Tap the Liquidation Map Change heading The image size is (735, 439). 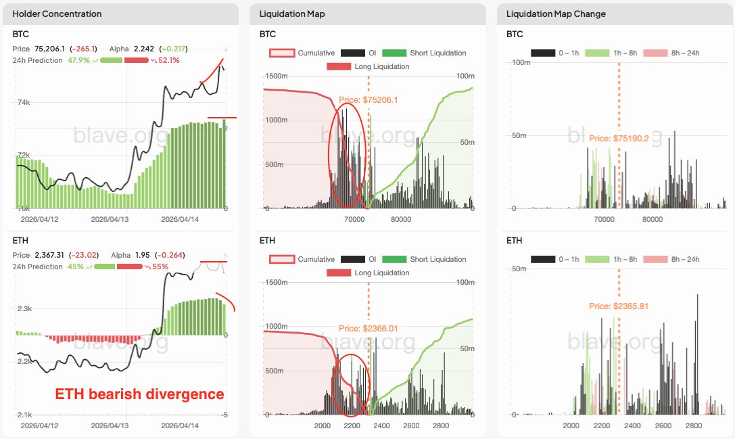point(556,14)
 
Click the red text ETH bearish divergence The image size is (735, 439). point(140,394)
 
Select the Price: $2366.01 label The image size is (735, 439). point(369,329)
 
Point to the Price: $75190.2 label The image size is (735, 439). point(619,138)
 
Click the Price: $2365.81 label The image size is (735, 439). point(619,306)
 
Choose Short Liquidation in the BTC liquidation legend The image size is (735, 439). point(437,53)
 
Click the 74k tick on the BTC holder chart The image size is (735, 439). point(23,102)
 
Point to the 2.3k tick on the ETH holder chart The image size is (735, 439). point(24,308)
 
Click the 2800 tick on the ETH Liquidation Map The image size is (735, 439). point(441,425)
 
